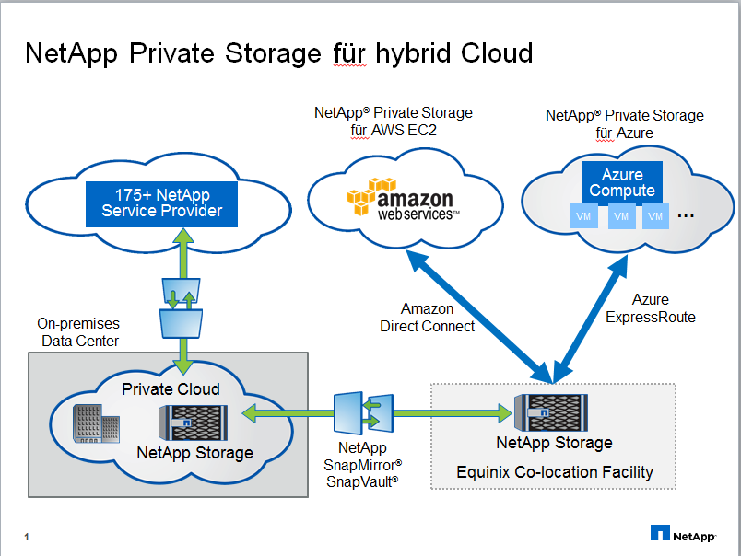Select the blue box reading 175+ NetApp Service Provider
pos(162,203)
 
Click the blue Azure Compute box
pos(622,182)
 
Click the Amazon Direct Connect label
pos(428,318)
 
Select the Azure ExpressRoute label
pos(650,308)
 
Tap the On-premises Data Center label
pos(78,332)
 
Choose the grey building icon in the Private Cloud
pos(96,426)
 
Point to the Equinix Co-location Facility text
pos(555,472)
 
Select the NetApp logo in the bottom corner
pos(684,533)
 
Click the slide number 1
pos(28,536)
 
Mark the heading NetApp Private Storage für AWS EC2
pos(394,122)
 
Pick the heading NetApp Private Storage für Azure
pos(624,124)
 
